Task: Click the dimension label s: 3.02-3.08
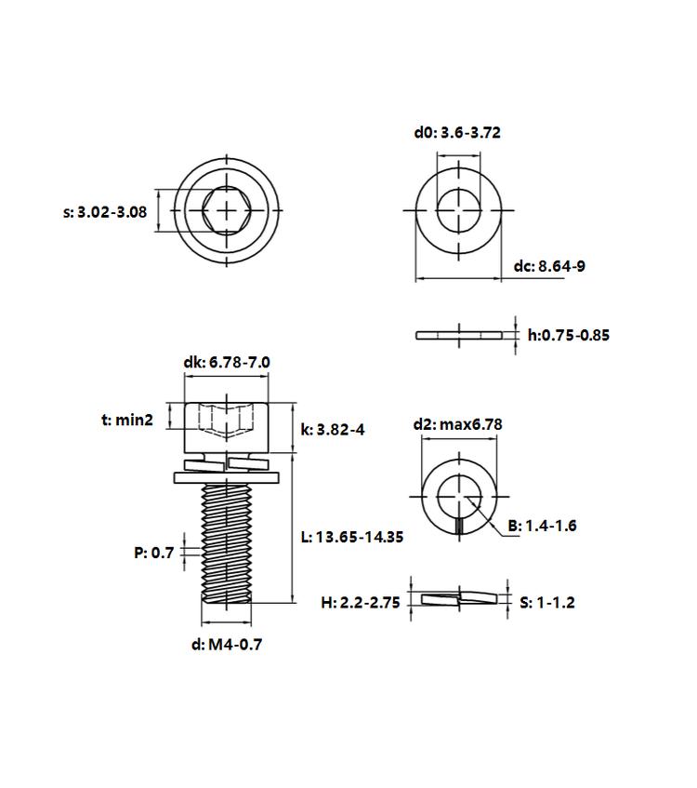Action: pos(105,212)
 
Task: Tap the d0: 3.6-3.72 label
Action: pos(457,133)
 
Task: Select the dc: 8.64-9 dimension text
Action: pos(549,266)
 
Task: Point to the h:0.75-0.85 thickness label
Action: pos(569,335)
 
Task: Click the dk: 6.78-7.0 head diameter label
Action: pos(227,362)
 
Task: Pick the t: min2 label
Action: pos(127,420)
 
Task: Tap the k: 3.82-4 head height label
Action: pos(333,430)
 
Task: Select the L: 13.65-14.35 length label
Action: pos(352,537)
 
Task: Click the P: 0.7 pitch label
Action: pos(153,553)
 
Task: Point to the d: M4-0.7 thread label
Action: pos(227,645)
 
